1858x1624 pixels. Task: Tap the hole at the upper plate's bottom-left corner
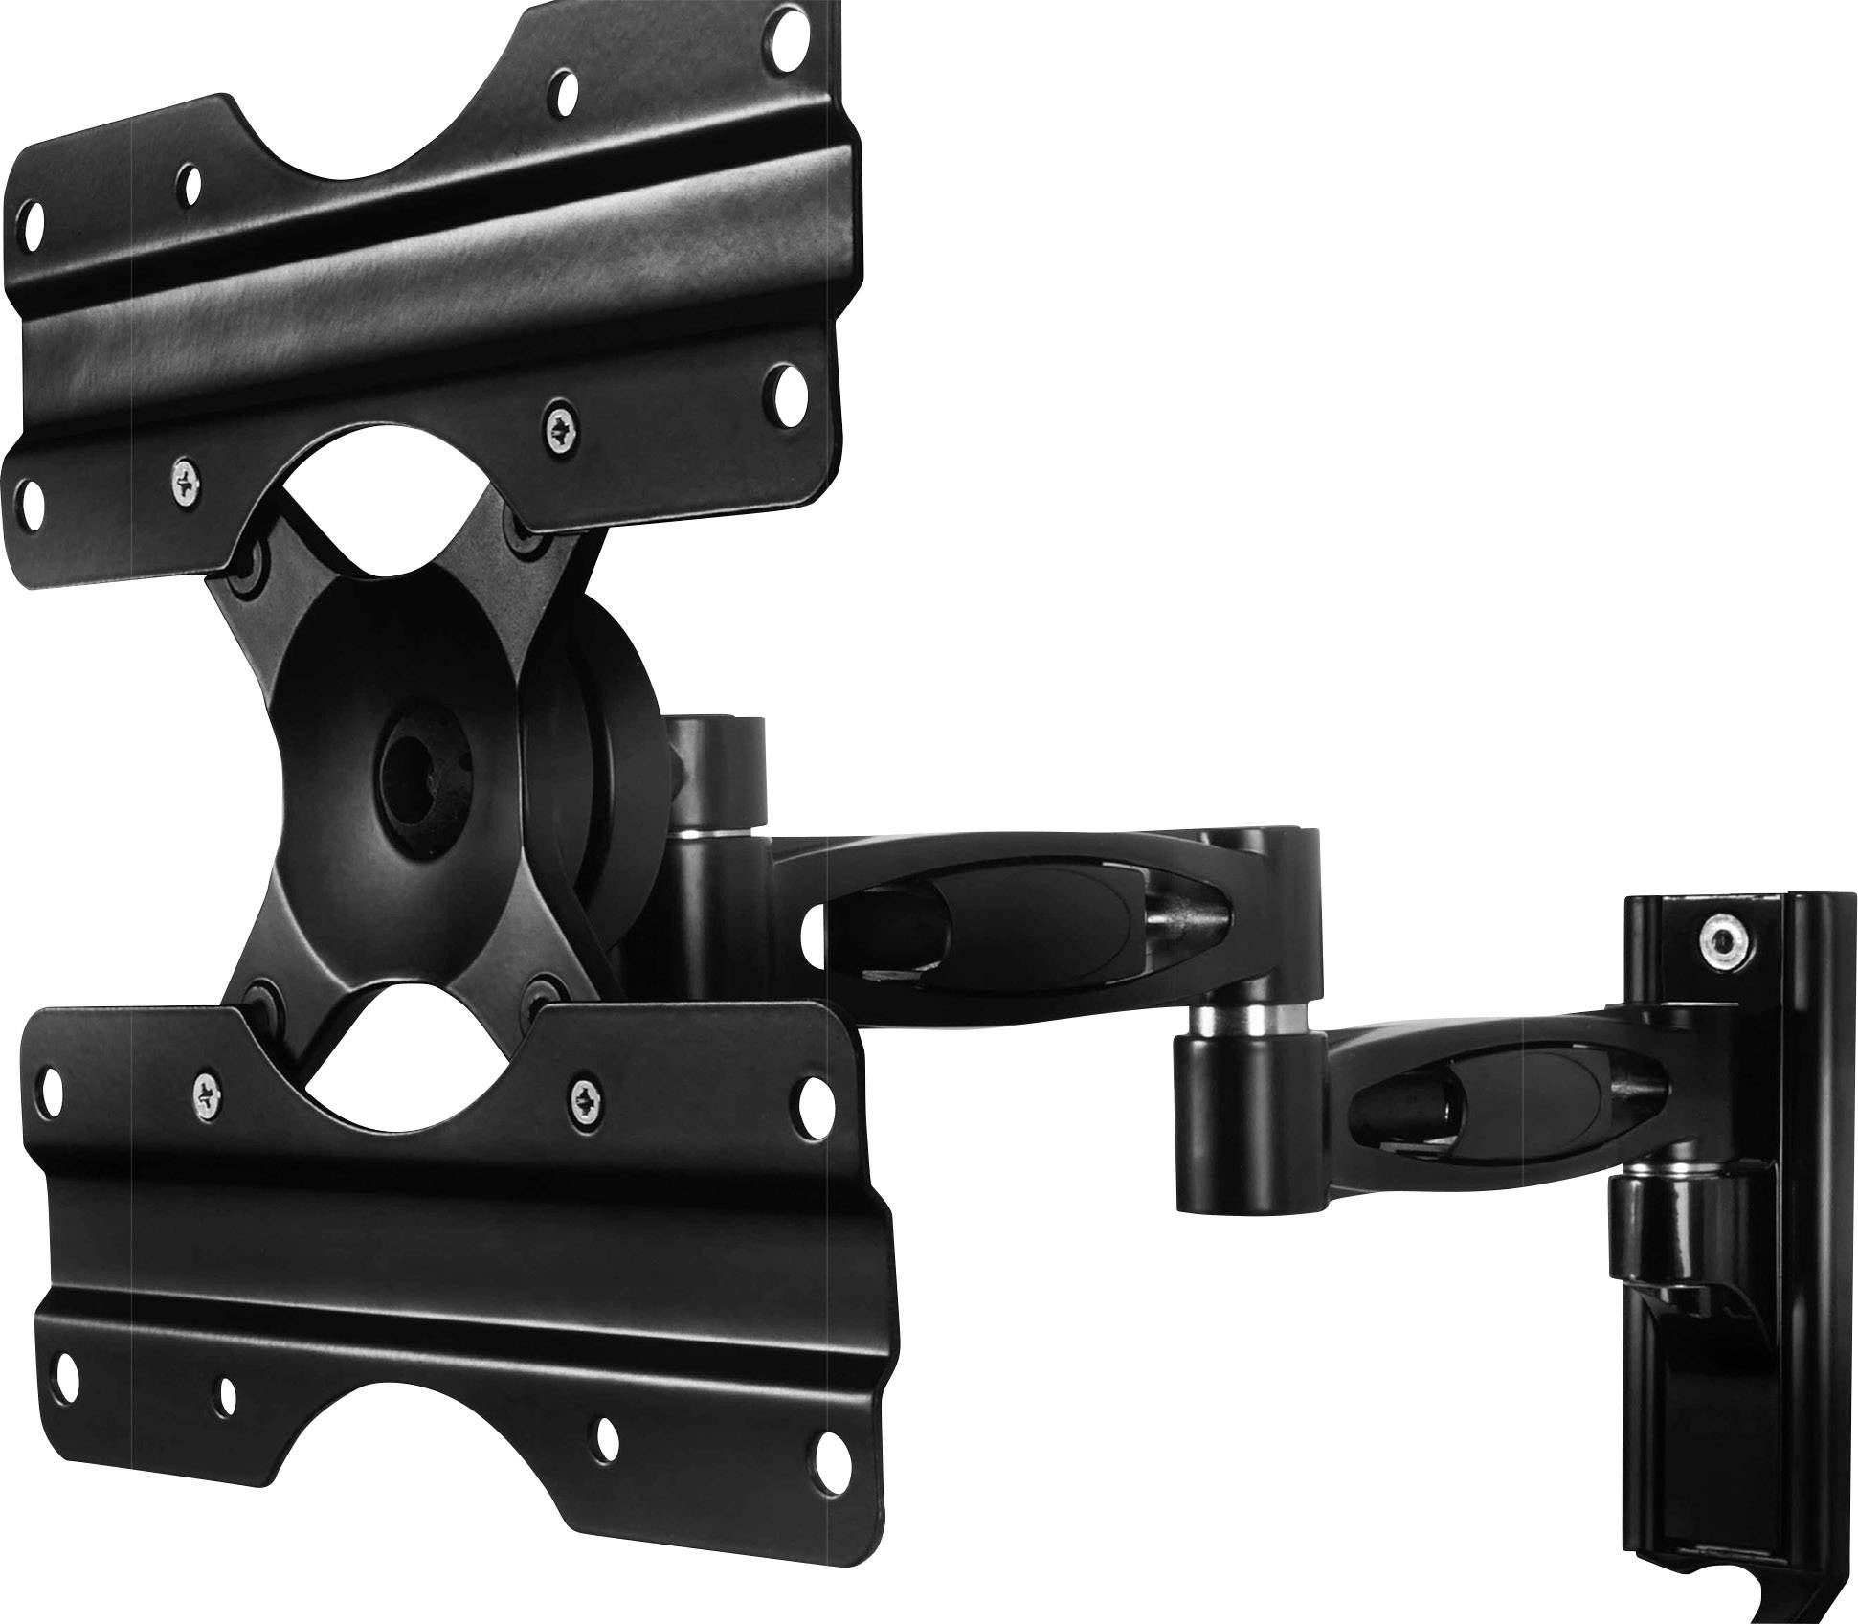point(34,497)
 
